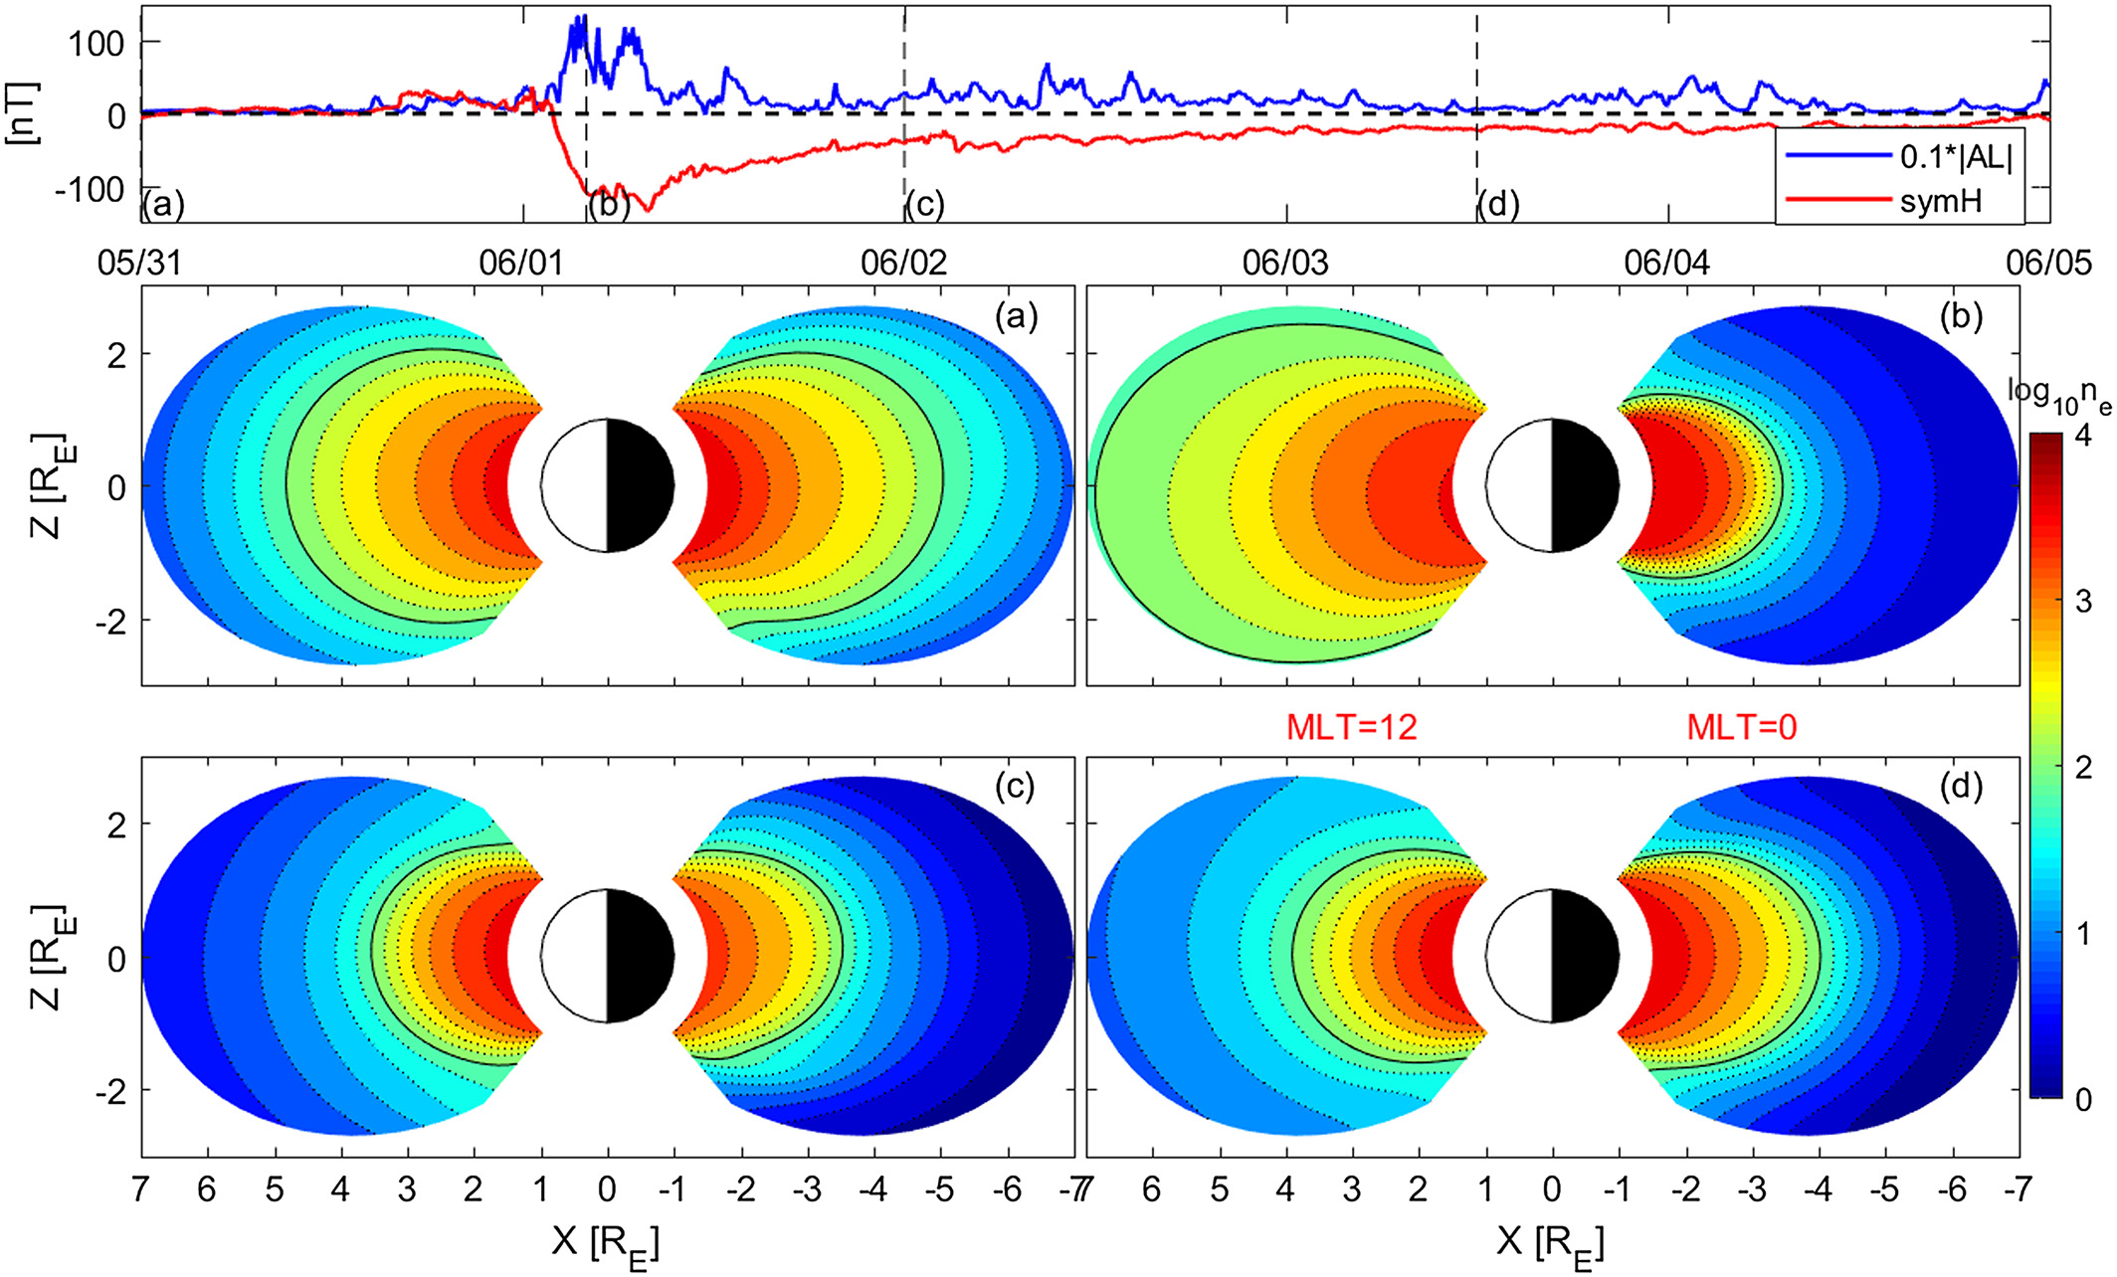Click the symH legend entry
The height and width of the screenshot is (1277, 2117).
coord(1940,201)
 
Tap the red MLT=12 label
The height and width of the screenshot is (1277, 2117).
coord(1351,728)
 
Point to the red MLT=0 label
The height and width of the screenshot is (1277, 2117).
coord(1741,728)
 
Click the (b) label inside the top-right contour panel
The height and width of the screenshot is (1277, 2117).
coord(1961,316)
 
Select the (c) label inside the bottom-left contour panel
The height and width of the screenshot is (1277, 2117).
coord(1016,787)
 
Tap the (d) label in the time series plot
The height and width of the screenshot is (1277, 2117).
coord(1498,205)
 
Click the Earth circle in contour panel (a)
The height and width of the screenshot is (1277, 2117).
coord(608,485)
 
